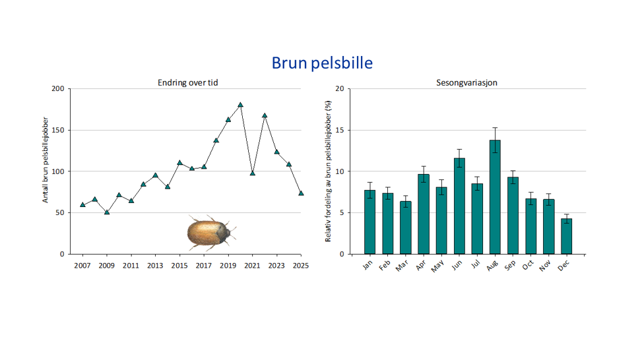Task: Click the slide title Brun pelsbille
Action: point(322,63)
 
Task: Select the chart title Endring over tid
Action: point(187,82)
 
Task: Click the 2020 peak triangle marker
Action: point(240,105)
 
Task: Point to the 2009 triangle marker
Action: point(107,212)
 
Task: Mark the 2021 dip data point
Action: point(252,173)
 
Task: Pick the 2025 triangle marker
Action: point(301,193)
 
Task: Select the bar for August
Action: point(495,197)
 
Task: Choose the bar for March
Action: point(405,227)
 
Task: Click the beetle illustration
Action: point(209,231)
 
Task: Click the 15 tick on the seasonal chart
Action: point(339,131)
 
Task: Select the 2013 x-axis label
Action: point(155,265)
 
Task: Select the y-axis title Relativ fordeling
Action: point(329,171)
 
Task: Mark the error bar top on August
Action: point(495,128)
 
